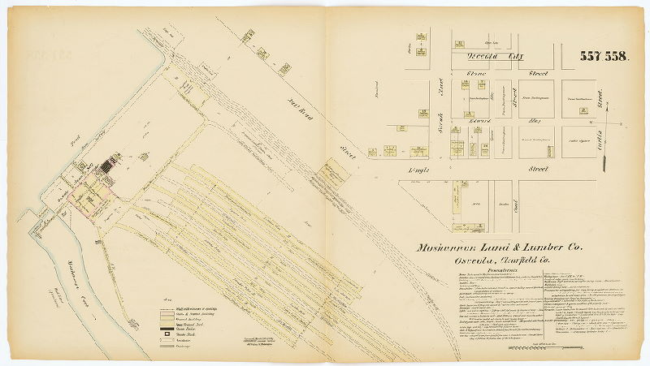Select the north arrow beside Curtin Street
coord(606,160)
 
